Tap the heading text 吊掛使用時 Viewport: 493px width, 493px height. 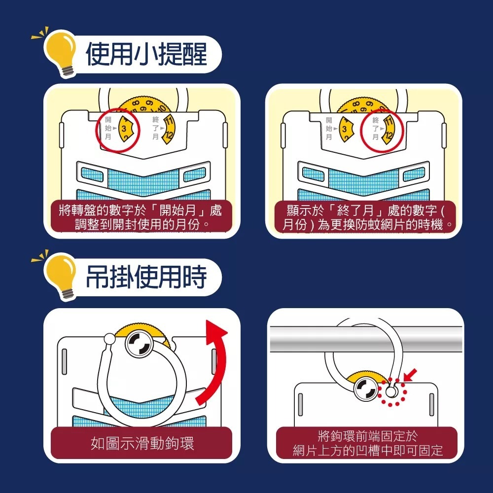[x=146, y=277]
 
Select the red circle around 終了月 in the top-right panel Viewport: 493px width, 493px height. [x=382, y=129]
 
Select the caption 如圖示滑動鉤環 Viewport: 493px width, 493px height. [x=142, y=443]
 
